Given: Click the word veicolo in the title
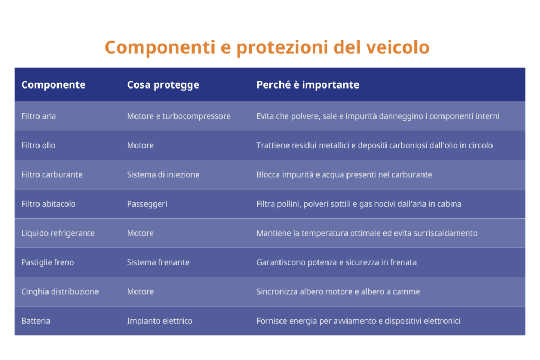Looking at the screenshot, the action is tap(398, 47).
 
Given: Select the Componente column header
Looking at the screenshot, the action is tap(53, 85).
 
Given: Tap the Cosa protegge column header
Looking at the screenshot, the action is tap(163, 85).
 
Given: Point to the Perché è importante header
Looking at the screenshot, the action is tap(308, 85).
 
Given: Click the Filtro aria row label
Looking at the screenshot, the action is tap(38, 116).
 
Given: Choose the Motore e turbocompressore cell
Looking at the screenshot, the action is tap(179, 116).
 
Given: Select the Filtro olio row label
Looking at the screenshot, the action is tap(38, 145).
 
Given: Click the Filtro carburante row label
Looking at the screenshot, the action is tap(52, 174).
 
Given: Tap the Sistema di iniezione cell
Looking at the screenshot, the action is tap(163, 174).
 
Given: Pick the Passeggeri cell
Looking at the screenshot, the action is tap(147, 204).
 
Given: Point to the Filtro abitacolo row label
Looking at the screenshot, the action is tap(49, 204).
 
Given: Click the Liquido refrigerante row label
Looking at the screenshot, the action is tap(58, 233).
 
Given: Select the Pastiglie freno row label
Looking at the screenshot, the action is tap(47, 262).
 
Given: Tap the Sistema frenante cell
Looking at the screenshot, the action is tap(158, 262).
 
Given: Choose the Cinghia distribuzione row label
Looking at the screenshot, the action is tap(60, 292).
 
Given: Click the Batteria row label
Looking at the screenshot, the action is tap(36, 321).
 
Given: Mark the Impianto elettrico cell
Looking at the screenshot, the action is tap(160, 321).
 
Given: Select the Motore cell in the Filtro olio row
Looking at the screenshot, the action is tap(140, 145).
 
